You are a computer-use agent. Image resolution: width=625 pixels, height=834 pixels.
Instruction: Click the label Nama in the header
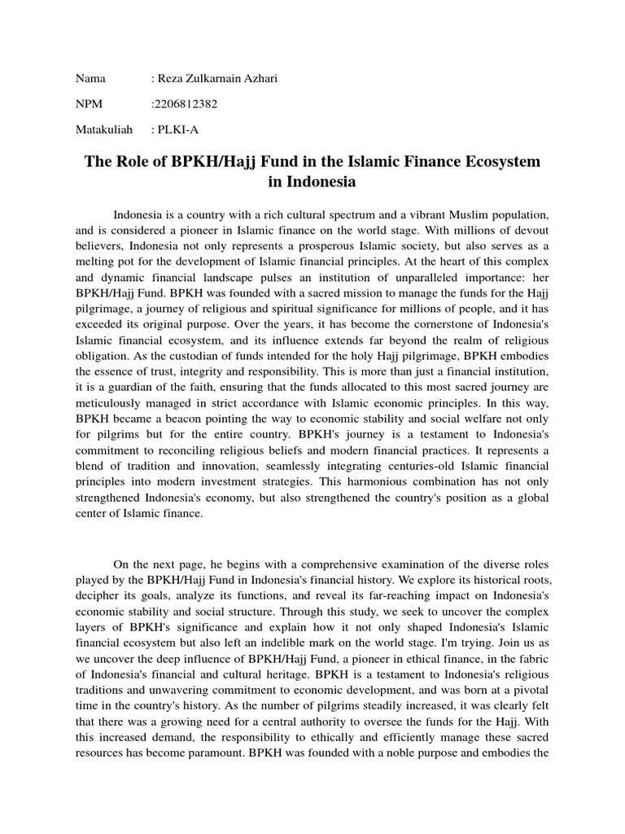click(91, 78)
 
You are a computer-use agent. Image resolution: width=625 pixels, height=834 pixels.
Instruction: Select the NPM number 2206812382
click(188, 103)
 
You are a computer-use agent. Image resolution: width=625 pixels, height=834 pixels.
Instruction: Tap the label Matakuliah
click(103, 129)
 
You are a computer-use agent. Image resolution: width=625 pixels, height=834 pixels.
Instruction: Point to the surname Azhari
click(260, 78)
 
